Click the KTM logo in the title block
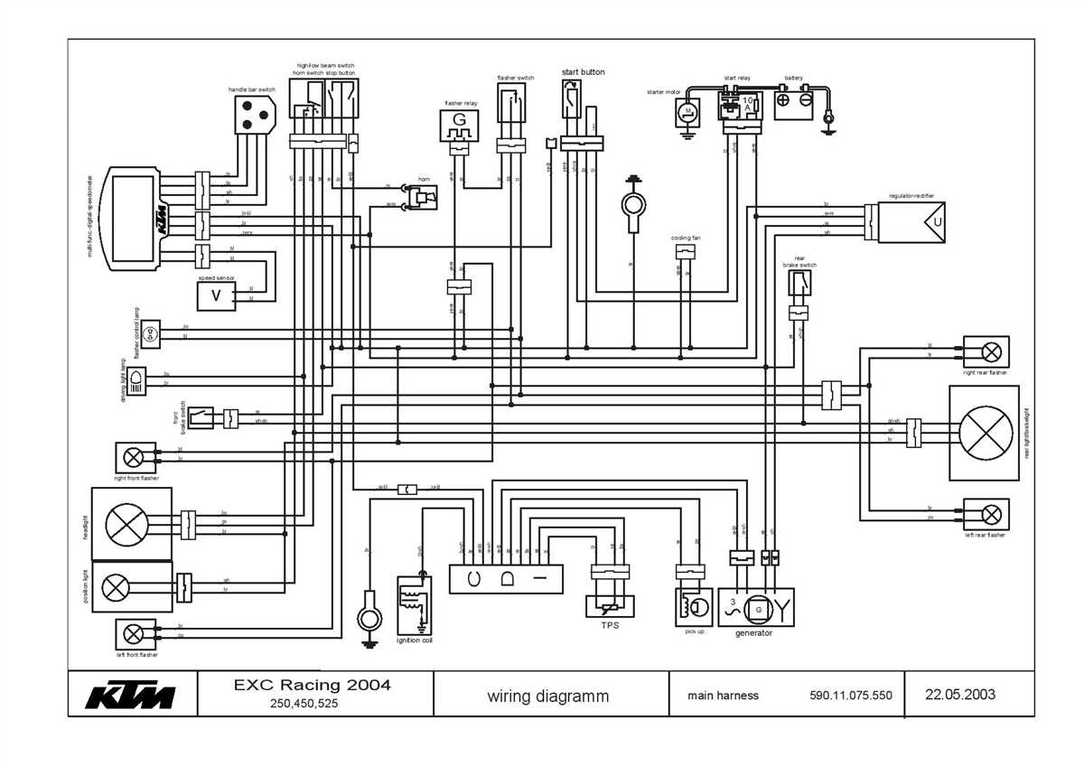click(x=131, y=696)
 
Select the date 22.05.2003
click(x=959, y=695)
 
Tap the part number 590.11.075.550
click(x=850, y=696)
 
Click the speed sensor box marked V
click(x=216, y=295)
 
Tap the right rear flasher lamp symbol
click(x=991, y=351)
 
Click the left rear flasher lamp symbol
click(x=991, y=515)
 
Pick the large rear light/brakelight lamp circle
click(x=985, y=433)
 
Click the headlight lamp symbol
click(x=120, y=524)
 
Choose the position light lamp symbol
click(x=116, y=587)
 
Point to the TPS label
click(x=610, y=625)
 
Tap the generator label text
click(x=753, y=633)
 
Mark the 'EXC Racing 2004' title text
click(x=307, y=686)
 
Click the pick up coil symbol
click(x=692, y=606)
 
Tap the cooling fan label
click(x=686, y=238)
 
